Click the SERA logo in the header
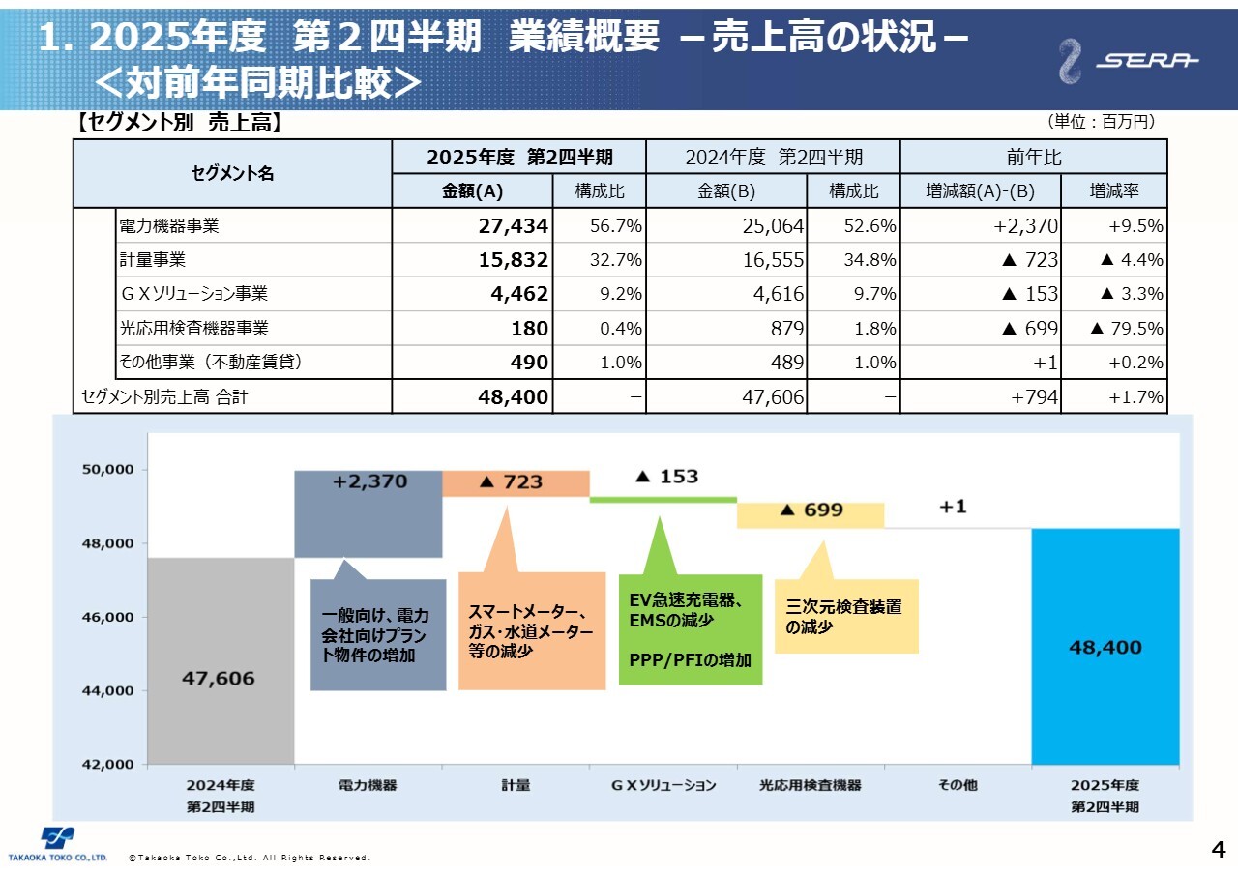tap(1128, 61)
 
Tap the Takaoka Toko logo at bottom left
tap(58, 844)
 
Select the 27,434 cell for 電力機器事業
tap(513, 226)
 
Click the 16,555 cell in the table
tap(771, 260)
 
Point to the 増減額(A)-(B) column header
tap(980, 191)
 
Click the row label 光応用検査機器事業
tap(193, 328)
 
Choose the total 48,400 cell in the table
tap(513, 396)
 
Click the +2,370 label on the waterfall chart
tap(369, 481)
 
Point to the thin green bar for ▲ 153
tap(663, 499)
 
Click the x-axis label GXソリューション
tap(663, 785)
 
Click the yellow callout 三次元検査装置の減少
tap(845, 617)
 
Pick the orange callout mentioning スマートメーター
tap(531, 630)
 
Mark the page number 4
tap(1218, 850)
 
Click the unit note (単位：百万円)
tap(1101, 122)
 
